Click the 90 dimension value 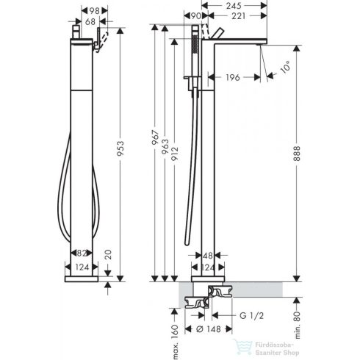click(x=196, y=16)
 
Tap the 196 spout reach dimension click(x=231, y=76)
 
